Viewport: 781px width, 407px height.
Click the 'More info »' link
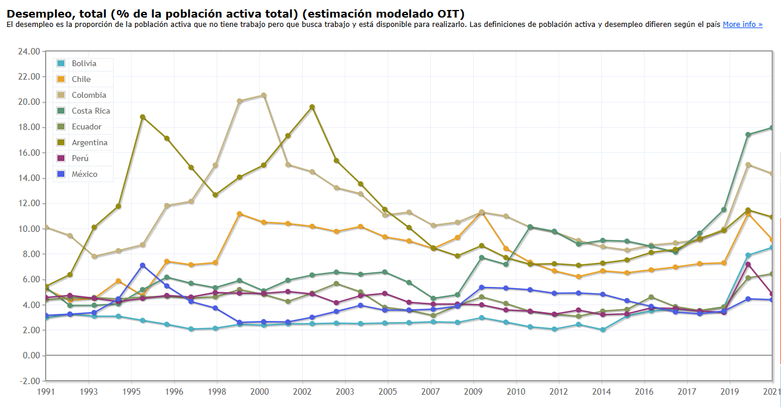point(742,25)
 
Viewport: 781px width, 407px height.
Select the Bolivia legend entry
point(84,63)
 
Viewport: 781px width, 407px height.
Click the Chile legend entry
point(81,79)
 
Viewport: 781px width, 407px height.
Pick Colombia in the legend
point(88,95)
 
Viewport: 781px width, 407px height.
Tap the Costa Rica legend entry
point(91,111)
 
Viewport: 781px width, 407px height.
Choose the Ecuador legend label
point(86,126)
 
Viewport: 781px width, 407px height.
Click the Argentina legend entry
point(90,142)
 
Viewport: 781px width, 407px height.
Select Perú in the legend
point(80,158)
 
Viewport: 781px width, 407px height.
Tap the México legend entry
point(84,174)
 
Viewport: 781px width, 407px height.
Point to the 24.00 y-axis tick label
point(29,52)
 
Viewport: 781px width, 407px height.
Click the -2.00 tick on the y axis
point(30,381)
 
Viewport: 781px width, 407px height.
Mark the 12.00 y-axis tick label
point(29,204)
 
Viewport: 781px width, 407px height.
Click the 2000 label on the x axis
point(259,391)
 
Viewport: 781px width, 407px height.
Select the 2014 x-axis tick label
point(601,391)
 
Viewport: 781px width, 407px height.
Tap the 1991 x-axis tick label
point(46,391)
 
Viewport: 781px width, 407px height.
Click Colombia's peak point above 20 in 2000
point(263,95)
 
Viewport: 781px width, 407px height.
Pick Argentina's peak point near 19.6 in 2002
point(312,107)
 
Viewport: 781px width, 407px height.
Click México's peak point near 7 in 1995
point(142,265)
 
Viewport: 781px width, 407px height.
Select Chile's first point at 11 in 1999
point(239,214)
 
